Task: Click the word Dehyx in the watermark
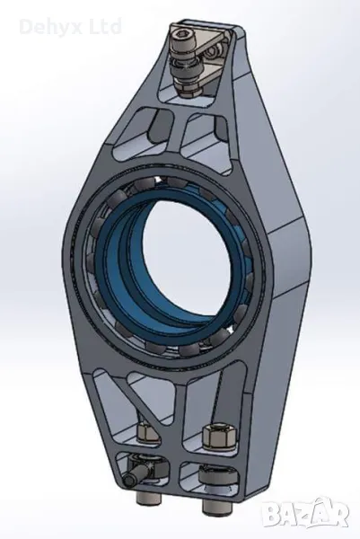coord(51,27)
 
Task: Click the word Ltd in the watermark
coord(105,26)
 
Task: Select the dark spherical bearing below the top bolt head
coord(189,70)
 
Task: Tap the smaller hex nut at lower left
coord(148,433)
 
